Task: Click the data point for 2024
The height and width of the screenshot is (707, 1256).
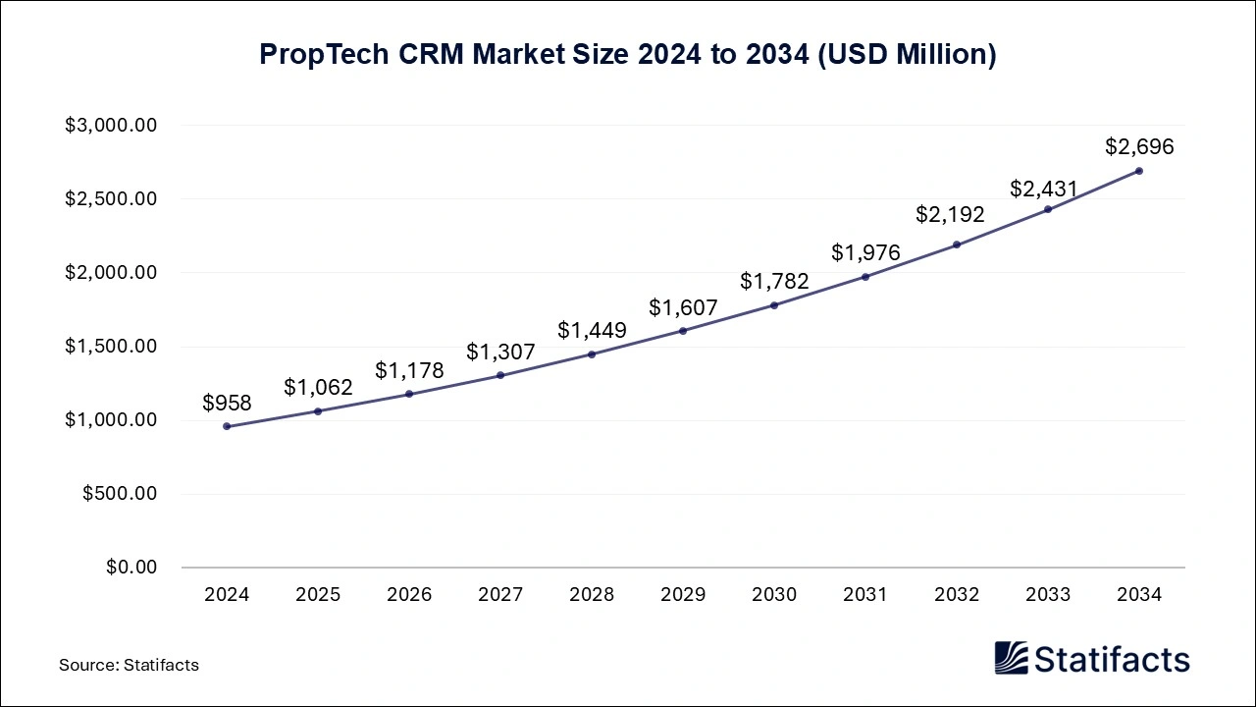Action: [227, 426]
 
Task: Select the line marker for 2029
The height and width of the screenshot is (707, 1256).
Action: [683, 331]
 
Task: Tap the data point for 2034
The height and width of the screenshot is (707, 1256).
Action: [1139, 171]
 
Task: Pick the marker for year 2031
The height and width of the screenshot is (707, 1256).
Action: [865, 277]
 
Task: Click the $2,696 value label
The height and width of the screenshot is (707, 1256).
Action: [1139, 147]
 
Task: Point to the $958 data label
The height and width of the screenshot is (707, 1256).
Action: [227, 403]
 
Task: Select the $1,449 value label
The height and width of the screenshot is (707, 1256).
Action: [592, 331]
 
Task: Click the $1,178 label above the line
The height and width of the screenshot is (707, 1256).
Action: [409, 371]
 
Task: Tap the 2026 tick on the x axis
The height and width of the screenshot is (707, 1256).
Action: [409, 595]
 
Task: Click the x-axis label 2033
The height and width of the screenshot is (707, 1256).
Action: [1048, 595]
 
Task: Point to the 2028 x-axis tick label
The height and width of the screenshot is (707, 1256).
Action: [592, 595]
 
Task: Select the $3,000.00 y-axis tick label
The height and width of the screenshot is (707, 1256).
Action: [111, 126]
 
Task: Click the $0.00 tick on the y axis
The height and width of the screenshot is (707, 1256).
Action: [131, 568]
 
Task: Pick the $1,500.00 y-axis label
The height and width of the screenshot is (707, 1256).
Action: [111, 347]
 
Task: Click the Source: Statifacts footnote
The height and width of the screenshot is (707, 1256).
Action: [129, 665]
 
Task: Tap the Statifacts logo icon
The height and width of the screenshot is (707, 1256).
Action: [1011, 658]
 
